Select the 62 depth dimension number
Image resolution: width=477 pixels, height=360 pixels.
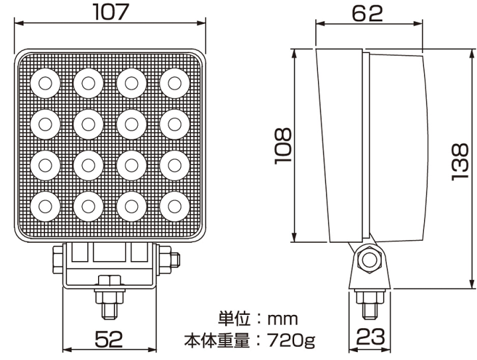(x=367, y=11)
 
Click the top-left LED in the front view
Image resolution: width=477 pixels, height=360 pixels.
(x=45, y=82)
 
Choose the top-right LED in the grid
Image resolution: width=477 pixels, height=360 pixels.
(x=173, y=82)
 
